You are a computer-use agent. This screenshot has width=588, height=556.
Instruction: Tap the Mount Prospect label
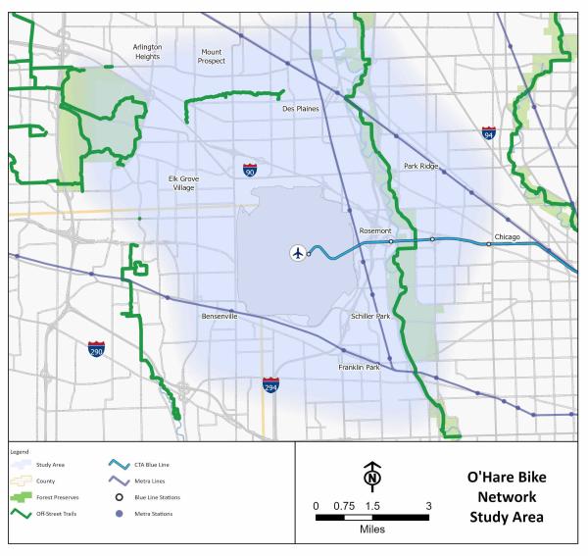click(212, 56)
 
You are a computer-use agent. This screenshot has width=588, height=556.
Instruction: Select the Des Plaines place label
click(301, 110)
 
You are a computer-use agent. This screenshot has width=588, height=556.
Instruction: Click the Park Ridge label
click(421, 167)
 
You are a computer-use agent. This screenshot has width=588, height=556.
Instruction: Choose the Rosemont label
click(375, 231)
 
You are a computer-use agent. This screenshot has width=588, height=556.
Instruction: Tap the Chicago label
click(507, 237)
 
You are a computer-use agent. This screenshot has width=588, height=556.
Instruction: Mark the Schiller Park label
click(370, 317)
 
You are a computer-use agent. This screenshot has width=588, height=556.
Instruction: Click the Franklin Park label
click(358, 367)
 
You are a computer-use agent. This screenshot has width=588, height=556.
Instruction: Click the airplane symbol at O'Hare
click(298, 253)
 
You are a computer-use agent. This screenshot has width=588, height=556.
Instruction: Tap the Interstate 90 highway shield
click(251, 170)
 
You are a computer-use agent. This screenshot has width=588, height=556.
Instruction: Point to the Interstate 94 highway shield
click(488, 131)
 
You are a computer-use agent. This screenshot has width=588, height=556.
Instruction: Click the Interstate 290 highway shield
click(96, 350)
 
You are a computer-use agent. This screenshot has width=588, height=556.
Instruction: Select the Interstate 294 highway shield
click(270, 385)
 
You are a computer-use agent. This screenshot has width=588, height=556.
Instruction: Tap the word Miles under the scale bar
click(371, 529)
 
